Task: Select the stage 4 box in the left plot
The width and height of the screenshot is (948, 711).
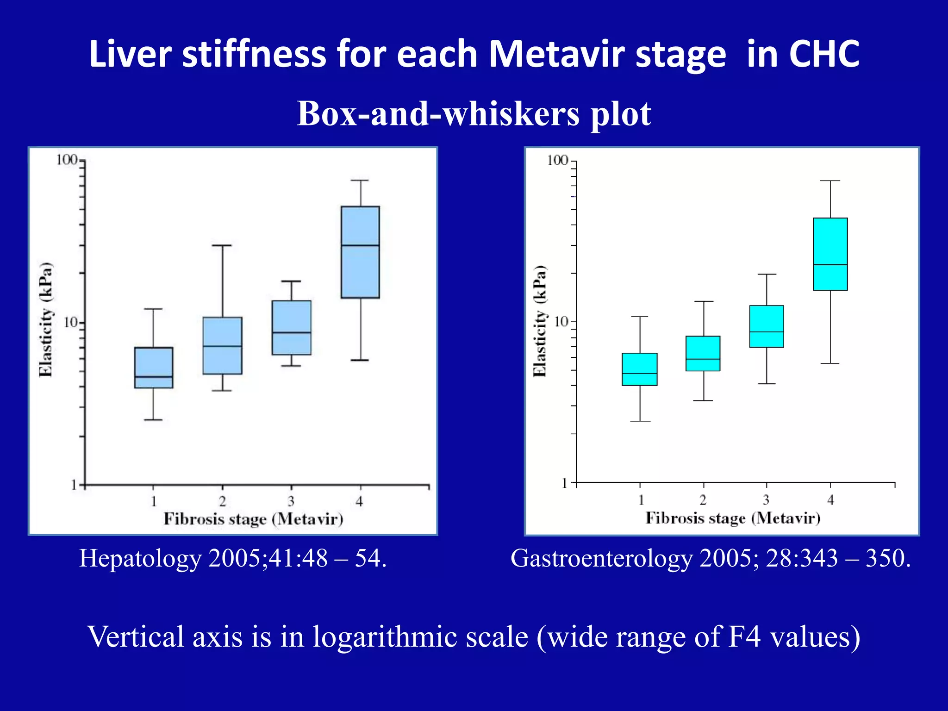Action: [x=360, y=252]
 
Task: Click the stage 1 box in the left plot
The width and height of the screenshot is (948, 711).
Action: [x=154, y=368]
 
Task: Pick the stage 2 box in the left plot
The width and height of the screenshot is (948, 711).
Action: [x=222, y=345]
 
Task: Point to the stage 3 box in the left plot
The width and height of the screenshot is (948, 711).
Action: [x=291, y=328]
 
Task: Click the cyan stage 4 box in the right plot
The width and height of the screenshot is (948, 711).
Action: [x=830, y=254]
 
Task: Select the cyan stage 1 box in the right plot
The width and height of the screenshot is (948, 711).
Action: [x=639, y=369]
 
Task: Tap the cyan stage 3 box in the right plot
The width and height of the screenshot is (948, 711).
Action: [x=766, y=326]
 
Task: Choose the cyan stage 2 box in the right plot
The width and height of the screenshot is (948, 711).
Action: [x=703, y=353]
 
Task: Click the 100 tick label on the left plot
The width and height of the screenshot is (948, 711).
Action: [x=66, y=160]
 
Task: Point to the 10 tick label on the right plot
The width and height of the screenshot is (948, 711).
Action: [x=561, y=321]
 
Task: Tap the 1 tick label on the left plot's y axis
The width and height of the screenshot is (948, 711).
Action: [x=74, y=485]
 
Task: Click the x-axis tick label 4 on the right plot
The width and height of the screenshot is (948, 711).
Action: [x=830, y=500]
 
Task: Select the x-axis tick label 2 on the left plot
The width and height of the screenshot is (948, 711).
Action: [x=222, y=501]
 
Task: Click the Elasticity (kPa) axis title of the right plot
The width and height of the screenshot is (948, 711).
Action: [x=539, y=321]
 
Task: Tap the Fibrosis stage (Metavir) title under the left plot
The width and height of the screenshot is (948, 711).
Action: [x=253, y=519]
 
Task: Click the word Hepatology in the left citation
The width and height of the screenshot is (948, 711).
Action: [x=140, y=558]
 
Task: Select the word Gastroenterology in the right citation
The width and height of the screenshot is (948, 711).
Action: [x=601, y=558]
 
